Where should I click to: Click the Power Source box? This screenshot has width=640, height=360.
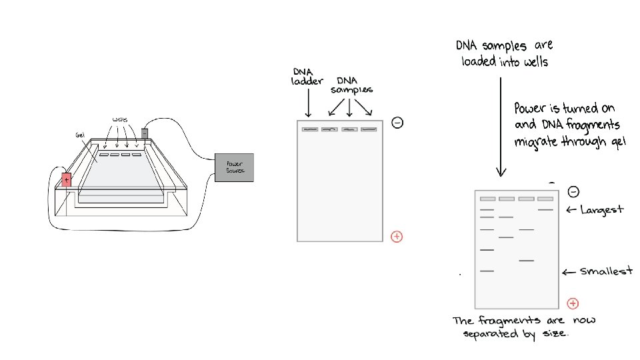tap(233, 168)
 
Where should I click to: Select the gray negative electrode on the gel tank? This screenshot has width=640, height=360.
tap(145, 133)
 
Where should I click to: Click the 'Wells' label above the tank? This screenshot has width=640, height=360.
tap(121, 120)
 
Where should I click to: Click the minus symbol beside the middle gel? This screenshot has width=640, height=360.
tap(397, 123)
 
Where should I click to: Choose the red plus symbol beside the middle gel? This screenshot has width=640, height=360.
tap(397, 236)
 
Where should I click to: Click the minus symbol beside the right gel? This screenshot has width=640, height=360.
tap(572, 191)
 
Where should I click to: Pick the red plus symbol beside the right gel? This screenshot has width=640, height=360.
tap(572, 303)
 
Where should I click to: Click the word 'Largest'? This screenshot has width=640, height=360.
tap(601, 210)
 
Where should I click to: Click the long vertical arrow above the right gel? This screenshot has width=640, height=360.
tap(501, 127)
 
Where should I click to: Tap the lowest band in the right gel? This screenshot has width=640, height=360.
tap(487, 271)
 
